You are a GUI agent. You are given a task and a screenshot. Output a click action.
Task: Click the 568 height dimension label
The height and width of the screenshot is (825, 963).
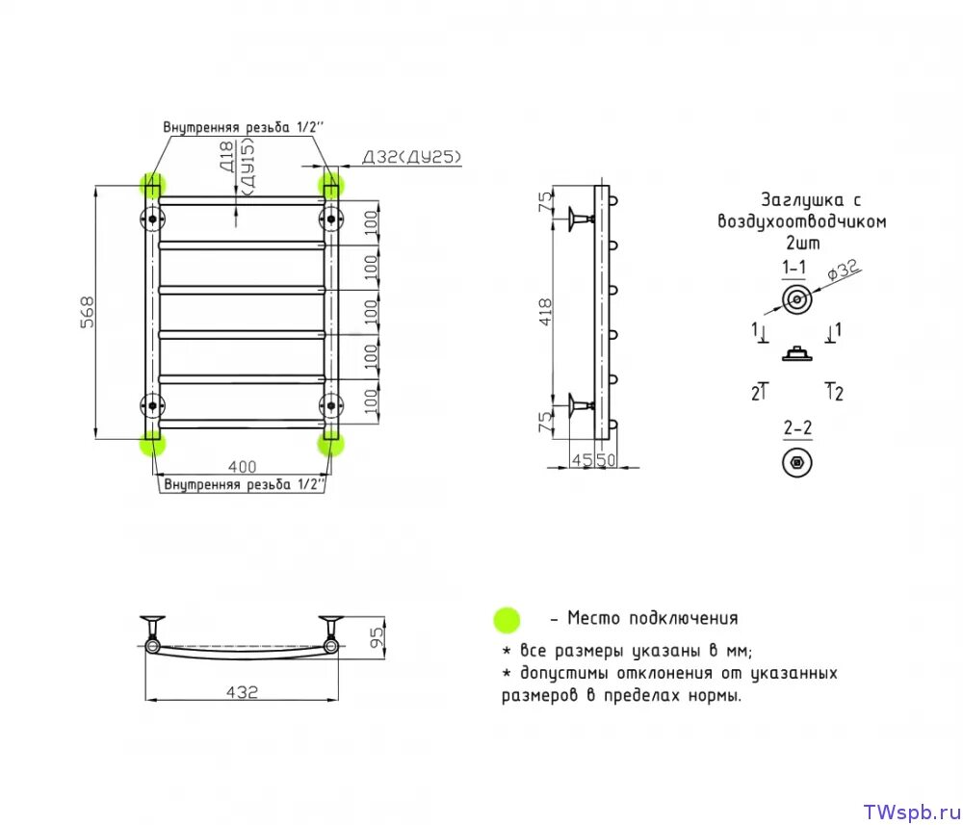click(x=86, y=314)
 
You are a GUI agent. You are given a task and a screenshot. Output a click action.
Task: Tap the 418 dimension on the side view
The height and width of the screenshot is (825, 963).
click(x=546, y=312)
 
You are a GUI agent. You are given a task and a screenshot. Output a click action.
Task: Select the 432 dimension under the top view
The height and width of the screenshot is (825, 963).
click(x=243, y=691)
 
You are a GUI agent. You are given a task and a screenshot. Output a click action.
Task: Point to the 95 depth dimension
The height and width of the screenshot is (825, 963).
click(x=377, y=635)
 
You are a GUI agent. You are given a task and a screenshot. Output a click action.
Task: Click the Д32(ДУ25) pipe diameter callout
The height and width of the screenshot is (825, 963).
click(x=412, y=157)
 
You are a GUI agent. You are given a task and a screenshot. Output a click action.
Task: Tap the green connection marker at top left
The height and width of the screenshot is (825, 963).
click(x=152, y=184)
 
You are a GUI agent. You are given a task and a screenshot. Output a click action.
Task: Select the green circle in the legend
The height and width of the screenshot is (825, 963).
click(x=506, y=620)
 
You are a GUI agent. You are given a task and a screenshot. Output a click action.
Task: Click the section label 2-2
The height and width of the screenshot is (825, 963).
click(x=796, y=426)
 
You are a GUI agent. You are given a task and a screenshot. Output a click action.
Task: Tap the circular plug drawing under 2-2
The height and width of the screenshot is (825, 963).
click(x=796, y=463)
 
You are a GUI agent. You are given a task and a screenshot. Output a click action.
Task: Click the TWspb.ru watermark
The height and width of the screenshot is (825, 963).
click(x=905, y=811)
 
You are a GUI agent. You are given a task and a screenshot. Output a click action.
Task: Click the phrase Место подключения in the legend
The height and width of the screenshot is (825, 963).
click(x=653, y=619)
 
